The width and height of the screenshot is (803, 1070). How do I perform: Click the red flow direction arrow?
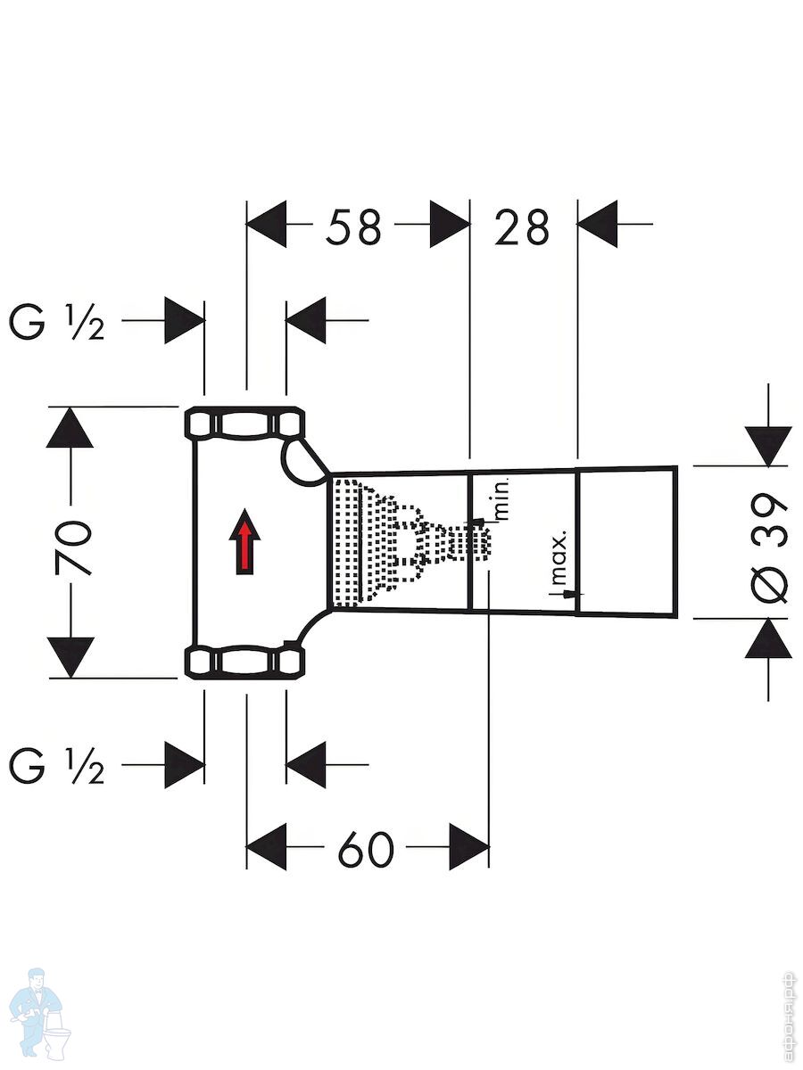[244, 541]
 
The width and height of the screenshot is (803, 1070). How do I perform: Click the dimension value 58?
[353, 227]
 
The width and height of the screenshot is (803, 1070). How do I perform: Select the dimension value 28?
[522, 227]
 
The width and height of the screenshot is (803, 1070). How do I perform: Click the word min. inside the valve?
[501, 499]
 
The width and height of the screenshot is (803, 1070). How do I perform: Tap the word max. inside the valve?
[559, 558]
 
